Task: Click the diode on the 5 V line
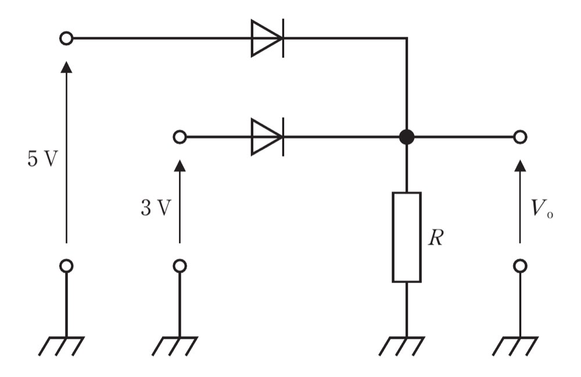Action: [267, 38]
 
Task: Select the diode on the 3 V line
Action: [267, 137]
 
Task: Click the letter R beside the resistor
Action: [435, 237]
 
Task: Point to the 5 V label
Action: [43, 159]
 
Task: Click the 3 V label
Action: [156, 208]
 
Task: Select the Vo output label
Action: [541, 208]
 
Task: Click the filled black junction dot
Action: [407, 137]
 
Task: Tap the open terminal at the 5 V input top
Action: [66, 38]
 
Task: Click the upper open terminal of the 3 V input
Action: [180, 137]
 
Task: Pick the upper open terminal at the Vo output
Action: [520, 137]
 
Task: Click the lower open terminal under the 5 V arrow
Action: [66, 266]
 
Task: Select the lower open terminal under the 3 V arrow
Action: [180, 266]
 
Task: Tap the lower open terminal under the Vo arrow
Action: [520, 266]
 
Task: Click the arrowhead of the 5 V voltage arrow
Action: [66, 67]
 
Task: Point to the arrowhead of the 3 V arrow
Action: [180, 165]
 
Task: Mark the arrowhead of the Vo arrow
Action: [520, 165]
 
